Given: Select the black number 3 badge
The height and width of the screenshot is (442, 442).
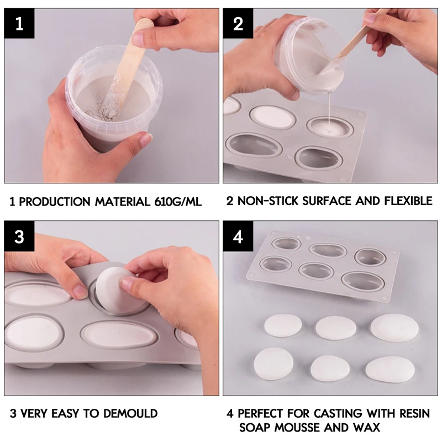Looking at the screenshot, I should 19,236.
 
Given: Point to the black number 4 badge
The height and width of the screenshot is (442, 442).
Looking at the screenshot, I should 238,236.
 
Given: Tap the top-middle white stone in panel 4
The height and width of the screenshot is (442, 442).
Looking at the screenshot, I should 335,327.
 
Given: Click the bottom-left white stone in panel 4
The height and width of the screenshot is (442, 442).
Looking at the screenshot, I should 273,365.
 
